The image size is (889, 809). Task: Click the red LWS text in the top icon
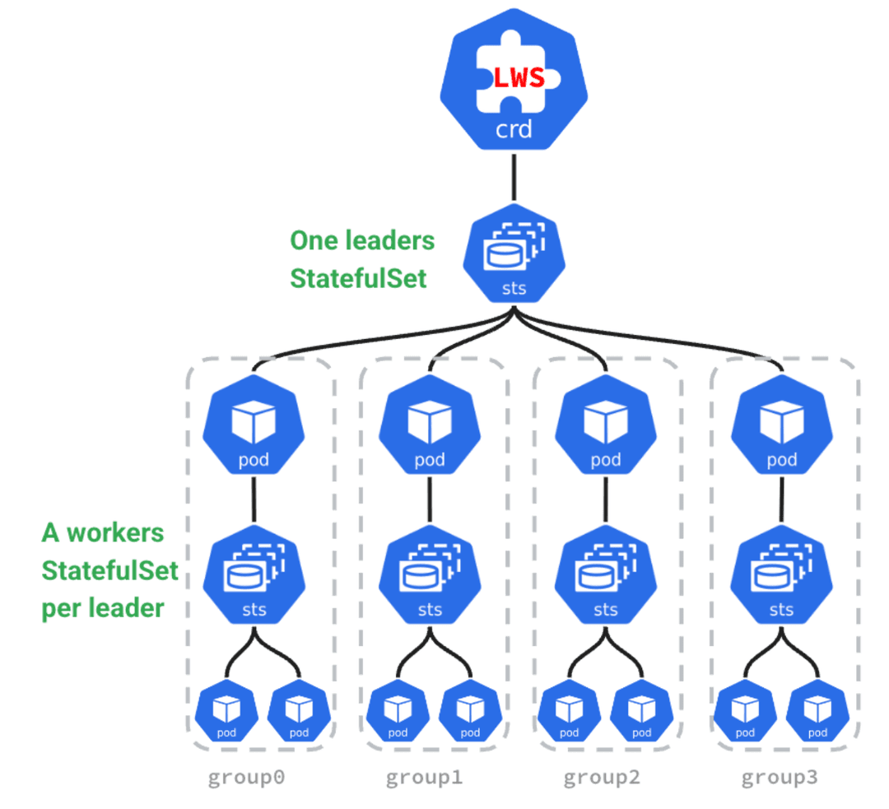tap(519, 79)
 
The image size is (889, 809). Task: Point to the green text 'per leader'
tap(104, 608)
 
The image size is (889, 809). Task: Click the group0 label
tap(247, 777)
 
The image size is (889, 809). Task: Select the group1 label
tap(425, 777)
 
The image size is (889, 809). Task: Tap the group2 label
tap(602, 777)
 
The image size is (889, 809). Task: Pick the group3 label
tap(780, 777)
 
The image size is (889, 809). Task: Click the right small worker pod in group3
tap(817, 711)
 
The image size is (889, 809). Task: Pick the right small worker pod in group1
tap(469, 711)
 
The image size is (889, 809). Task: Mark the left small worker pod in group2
tap(568, 711)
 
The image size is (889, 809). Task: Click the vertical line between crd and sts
tap(514, 176)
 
